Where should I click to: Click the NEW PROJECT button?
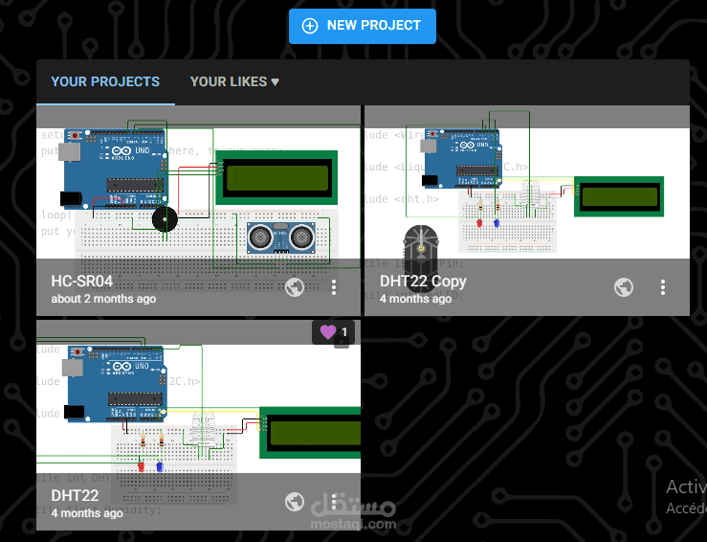pos(363,26)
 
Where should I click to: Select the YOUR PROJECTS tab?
pos(105,82)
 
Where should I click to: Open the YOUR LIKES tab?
pos(234,82)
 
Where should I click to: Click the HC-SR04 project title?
pos(82,282)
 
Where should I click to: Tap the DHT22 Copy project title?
pos(423,282)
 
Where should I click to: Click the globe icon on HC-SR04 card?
pos(295,287)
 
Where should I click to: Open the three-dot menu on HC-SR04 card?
pos(334,287)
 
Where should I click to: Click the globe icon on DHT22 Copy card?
pos(623,287)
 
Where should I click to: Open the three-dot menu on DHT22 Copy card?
pos(663,287)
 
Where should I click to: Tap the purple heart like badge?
pos(333,332)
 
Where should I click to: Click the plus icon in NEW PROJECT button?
pos(310,26)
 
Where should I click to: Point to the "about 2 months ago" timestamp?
pos(103,299)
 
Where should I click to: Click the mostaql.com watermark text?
pos(353,524)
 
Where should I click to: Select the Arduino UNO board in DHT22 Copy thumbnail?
pos(461,156)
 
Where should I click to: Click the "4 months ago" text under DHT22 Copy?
pos(415,299)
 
